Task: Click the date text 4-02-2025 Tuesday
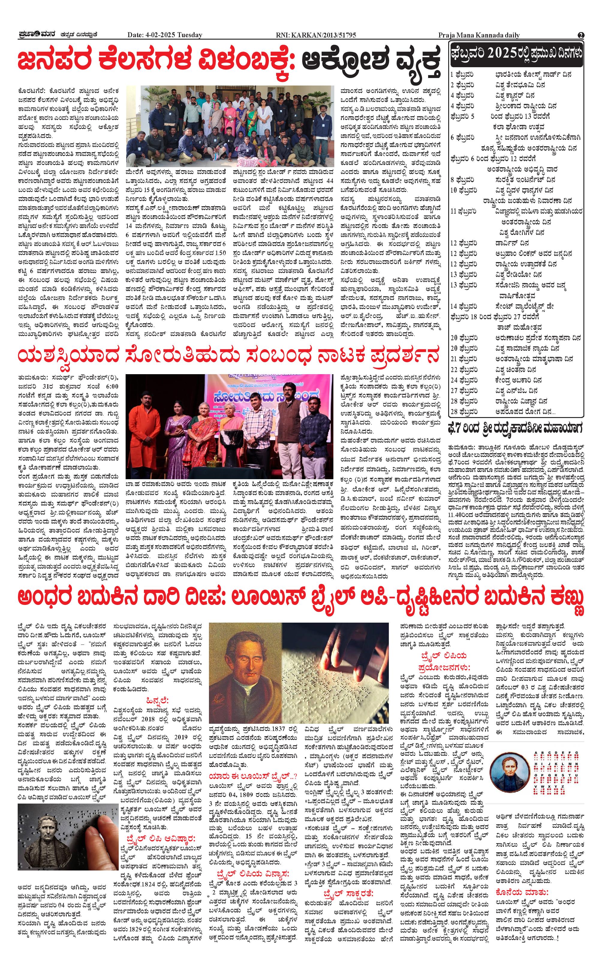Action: click(165, 35)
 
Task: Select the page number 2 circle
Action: click(581, 35)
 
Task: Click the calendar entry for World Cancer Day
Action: click(514, 96)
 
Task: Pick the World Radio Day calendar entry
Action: click(514, 275)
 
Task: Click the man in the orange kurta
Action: click(142, 422)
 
